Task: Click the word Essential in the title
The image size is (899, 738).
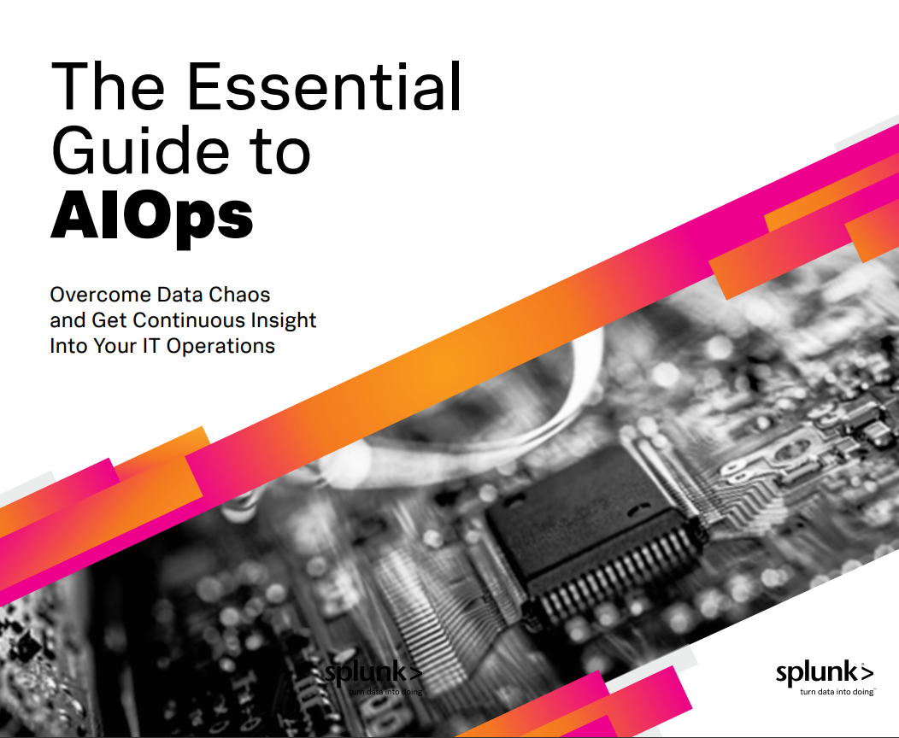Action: pos(323,86)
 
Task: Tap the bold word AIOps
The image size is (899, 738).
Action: pos(152,219)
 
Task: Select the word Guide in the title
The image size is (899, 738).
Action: pos(140,150)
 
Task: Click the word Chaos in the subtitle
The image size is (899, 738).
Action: pos(239,295)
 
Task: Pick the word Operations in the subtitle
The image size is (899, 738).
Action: pos(220,346)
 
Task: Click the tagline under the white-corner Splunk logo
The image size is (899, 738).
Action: pos(837,692)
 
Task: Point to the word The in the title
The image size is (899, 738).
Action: pos(108,86)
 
